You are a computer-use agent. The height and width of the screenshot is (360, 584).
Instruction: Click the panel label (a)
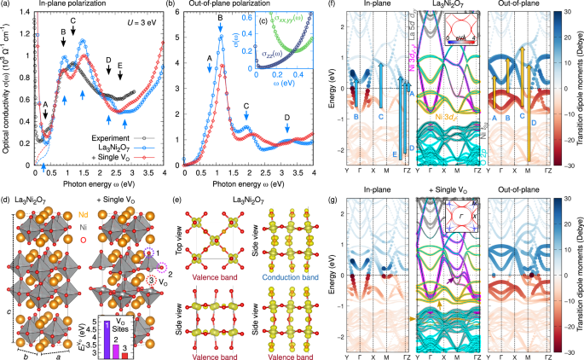pos(6,6)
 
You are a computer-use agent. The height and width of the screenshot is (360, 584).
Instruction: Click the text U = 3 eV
pos(142,19)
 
